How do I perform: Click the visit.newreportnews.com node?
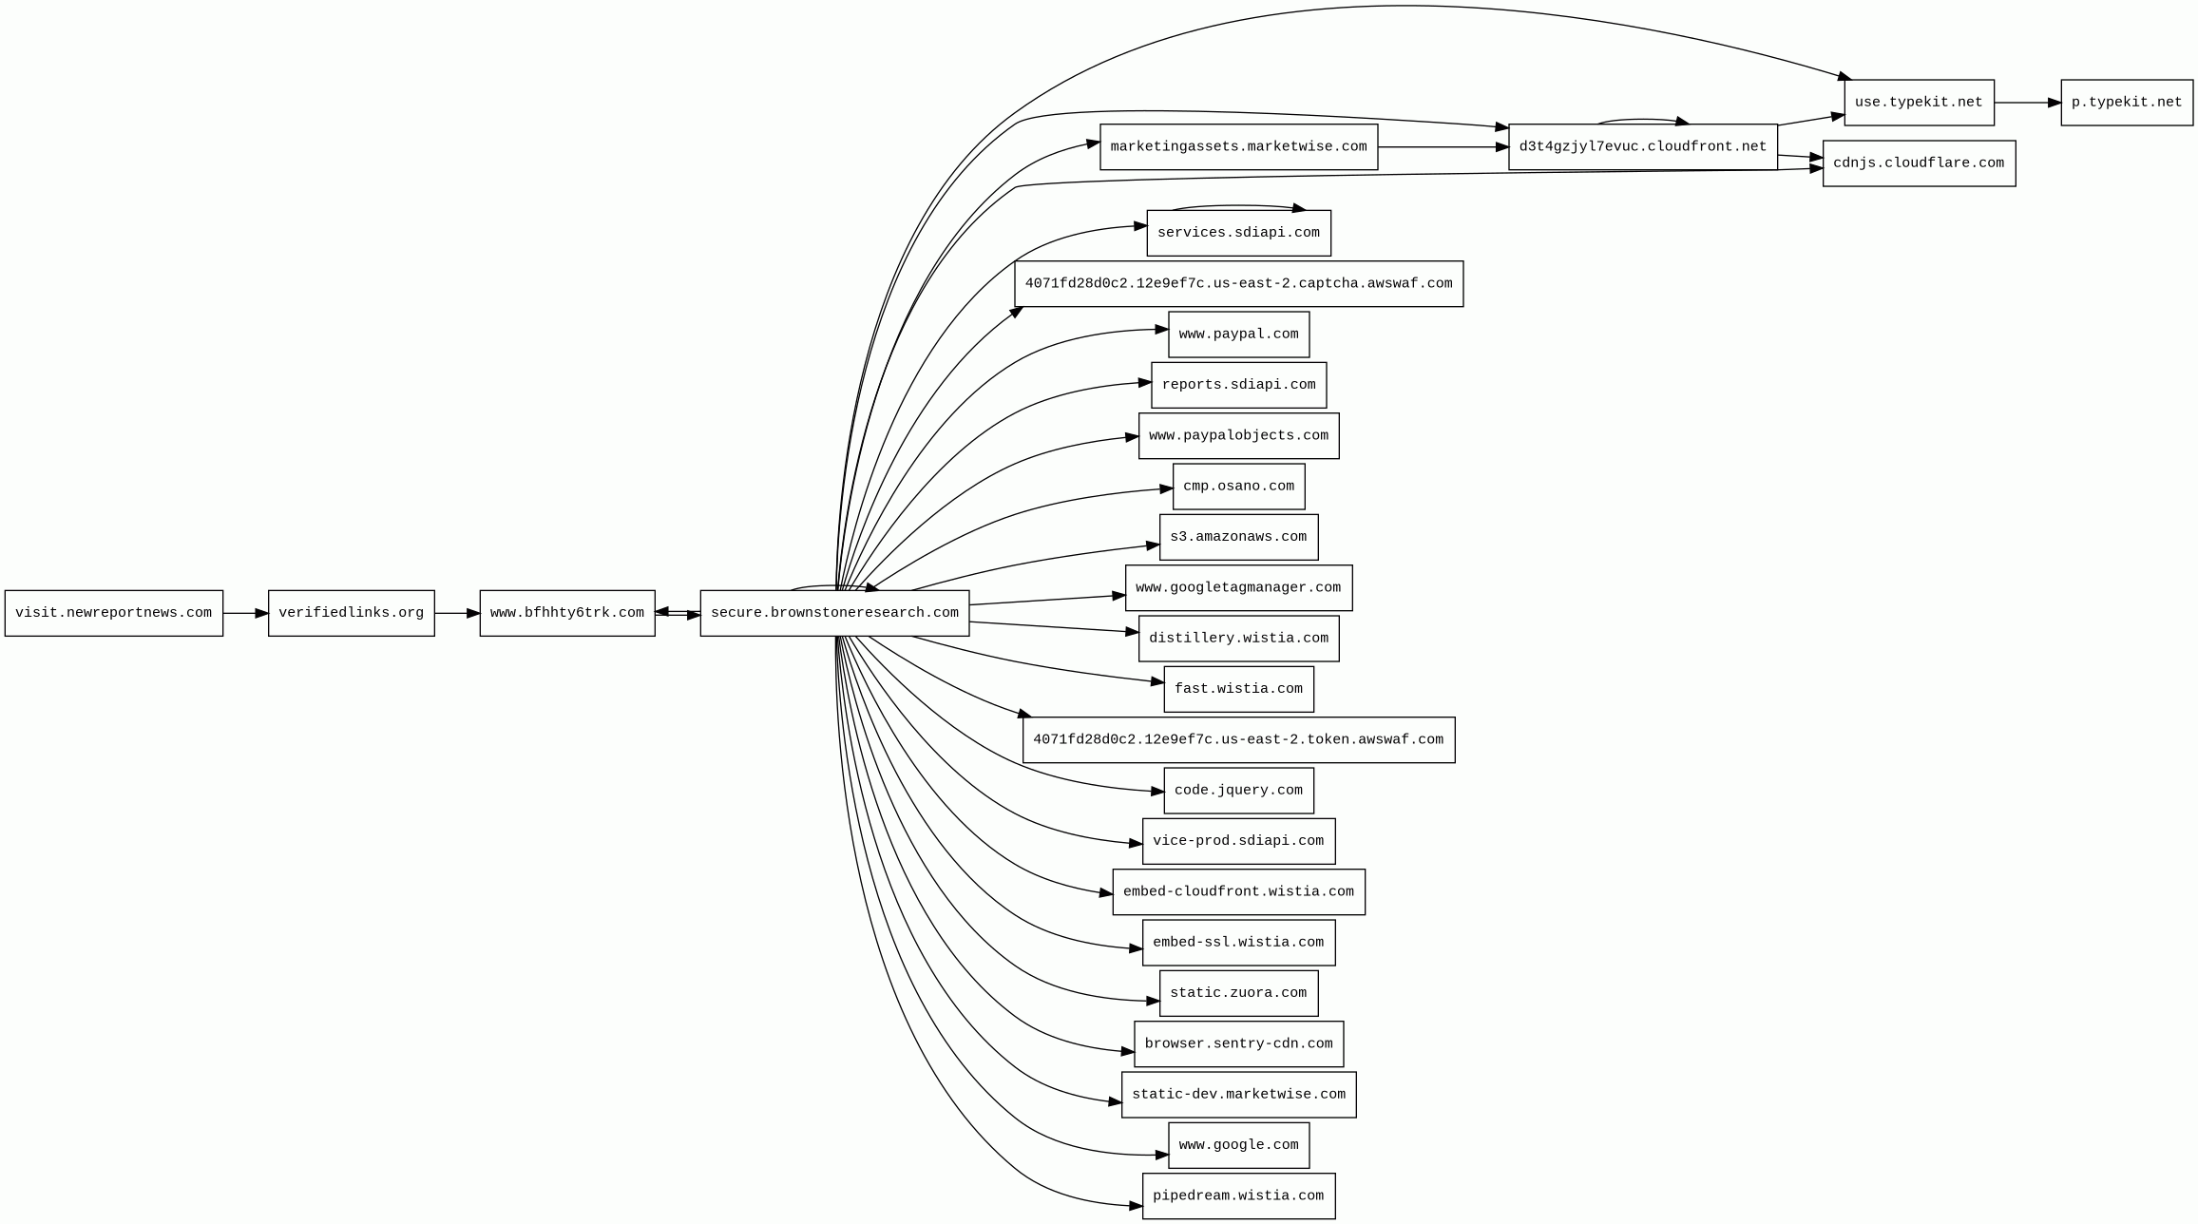(114, 613)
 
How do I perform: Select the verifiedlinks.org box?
(352, 613)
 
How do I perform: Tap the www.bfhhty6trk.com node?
(567, 613)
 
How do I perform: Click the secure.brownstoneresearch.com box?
(834, 613)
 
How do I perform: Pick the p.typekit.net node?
(2127, 103)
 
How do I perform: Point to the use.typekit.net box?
(1919, 103)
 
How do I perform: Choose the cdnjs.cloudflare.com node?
(1919, 163)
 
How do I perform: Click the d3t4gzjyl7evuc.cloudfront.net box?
(1642, 147)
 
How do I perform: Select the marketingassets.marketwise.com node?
(1238, 147)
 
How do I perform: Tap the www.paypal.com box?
(1238, 335)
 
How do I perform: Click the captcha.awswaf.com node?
(1238, 284)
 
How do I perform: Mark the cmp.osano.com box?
(1238, 487)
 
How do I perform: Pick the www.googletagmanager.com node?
(1238, 588)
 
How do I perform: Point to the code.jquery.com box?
(1238, 791)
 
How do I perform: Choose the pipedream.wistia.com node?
(1238, 1196)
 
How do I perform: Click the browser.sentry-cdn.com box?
(1238, 1044)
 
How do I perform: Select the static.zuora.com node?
(1238, 993)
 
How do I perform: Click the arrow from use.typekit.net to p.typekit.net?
(2027, 103)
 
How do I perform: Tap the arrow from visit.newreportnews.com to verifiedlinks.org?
(245, 614)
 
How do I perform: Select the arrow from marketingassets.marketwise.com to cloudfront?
(1443, 147)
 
